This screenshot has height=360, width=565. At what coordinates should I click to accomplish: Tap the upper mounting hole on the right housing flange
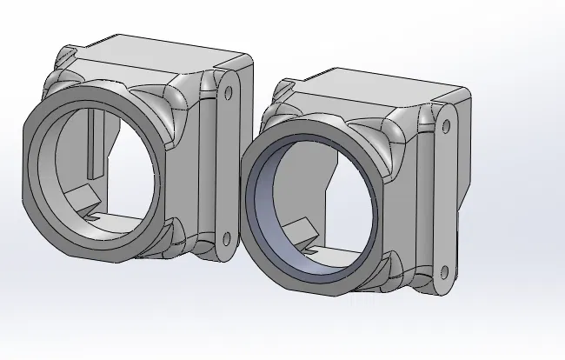click(x=447, y=127)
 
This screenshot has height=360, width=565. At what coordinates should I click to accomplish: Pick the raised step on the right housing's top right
click(x=452, y=96)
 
